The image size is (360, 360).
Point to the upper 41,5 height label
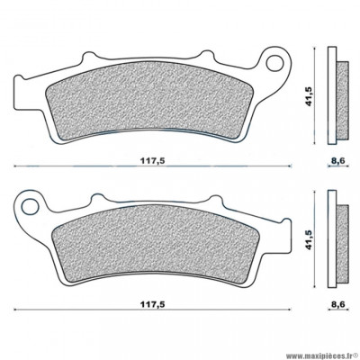coord(312,91)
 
